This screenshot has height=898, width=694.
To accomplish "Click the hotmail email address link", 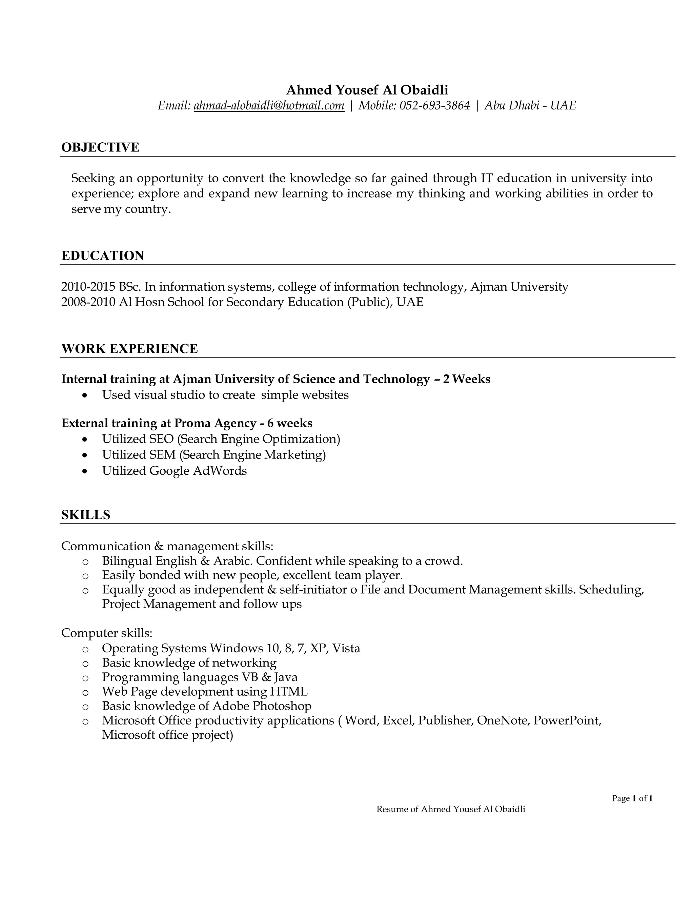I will (269, 106).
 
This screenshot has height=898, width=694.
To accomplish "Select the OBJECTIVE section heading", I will (100, 147).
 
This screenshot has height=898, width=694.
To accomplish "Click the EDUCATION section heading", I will (103, 256).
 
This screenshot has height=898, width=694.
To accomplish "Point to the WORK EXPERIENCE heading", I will (129, 349).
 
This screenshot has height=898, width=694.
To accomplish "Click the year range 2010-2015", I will (88, 287).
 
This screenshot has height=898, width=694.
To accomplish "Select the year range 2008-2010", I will (88, 302).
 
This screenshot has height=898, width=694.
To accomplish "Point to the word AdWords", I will (220, 471).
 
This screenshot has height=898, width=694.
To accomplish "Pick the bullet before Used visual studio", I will (85, 395).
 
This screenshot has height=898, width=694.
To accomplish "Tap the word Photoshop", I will (282, 706).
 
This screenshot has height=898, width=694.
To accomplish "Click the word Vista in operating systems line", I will (346, 648).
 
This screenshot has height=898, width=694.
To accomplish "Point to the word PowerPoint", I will (567, 720).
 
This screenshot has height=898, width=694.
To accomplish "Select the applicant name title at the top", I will (367, 90).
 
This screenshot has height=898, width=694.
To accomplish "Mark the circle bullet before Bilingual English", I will (85, 562).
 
